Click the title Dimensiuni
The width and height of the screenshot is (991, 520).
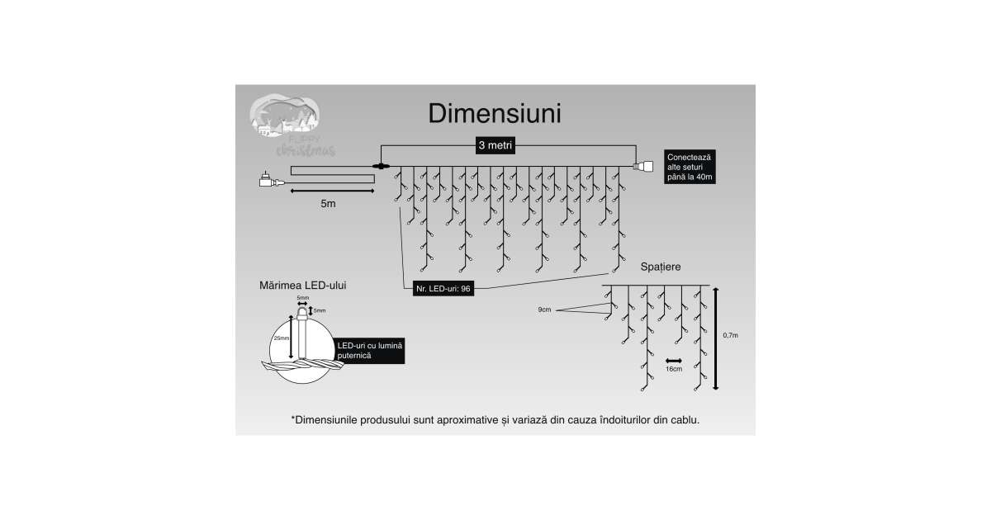click(495, 114)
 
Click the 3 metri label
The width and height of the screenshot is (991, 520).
click(495, 145)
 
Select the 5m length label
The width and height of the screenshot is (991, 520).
click(329, 203)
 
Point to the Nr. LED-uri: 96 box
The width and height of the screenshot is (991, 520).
click(443, 289)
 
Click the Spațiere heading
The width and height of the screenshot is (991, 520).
click(661, 267)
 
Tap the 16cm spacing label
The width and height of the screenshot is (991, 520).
click(674, 369)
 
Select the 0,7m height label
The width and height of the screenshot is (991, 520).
click(730, 335)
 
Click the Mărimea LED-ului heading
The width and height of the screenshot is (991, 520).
click(302, 285)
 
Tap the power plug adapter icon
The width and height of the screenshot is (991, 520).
click(268, 180)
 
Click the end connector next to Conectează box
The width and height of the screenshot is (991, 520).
click(642, 168)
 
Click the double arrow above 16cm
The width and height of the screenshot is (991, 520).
click(674, 361)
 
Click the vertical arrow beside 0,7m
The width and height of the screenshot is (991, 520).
click(716, 338)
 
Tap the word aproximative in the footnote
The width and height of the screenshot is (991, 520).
click(467, 420)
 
